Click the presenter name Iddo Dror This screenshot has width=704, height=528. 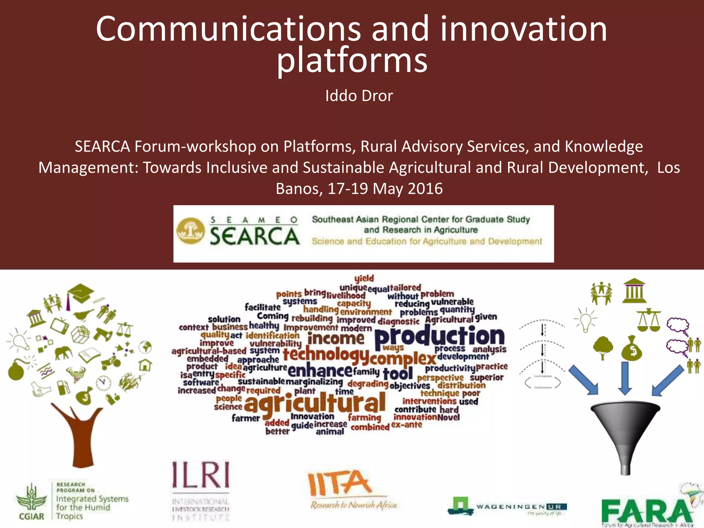(359, 96)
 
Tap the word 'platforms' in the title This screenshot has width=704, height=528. (352, 60)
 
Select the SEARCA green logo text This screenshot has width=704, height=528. (254, 236)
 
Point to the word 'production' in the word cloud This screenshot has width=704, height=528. (439, 337)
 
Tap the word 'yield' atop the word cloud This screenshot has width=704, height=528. (364, 278)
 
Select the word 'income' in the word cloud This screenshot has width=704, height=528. (336, 339)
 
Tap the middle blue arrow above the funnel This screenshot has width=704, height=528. (625, 378)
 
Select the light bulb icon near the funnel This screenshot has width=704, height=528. (585, 320)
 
